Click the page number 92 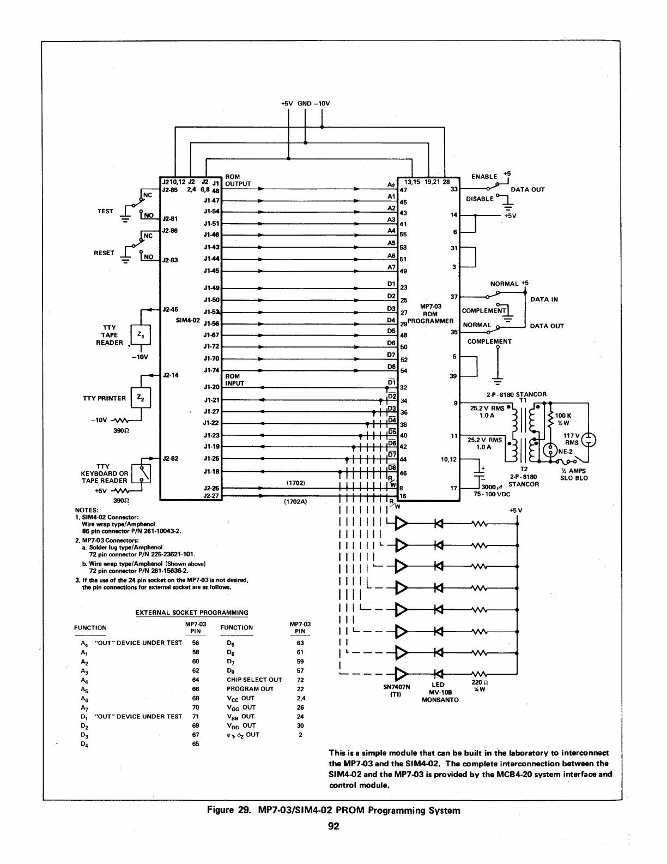(333, 826)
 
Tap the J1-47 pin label (211, 201)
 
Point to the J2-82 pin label (171, 459)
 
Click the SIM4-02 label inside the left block (186, 320)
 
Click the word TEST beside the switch (105, 211)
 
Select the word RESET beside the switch (104, 253)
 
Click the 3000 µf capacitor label (493, 487)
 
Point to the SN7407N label (397, 687)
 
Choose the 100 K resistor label (563, 416)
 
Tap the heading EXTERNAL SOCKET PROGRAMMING (191, 613)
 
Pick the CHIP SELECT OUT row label (254, 680)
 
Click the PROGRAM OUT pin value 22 (300, 689)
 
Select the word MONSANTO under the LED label (440, 699)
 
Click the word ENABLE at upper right (484, 177)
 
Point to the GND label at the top (304, 103)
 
